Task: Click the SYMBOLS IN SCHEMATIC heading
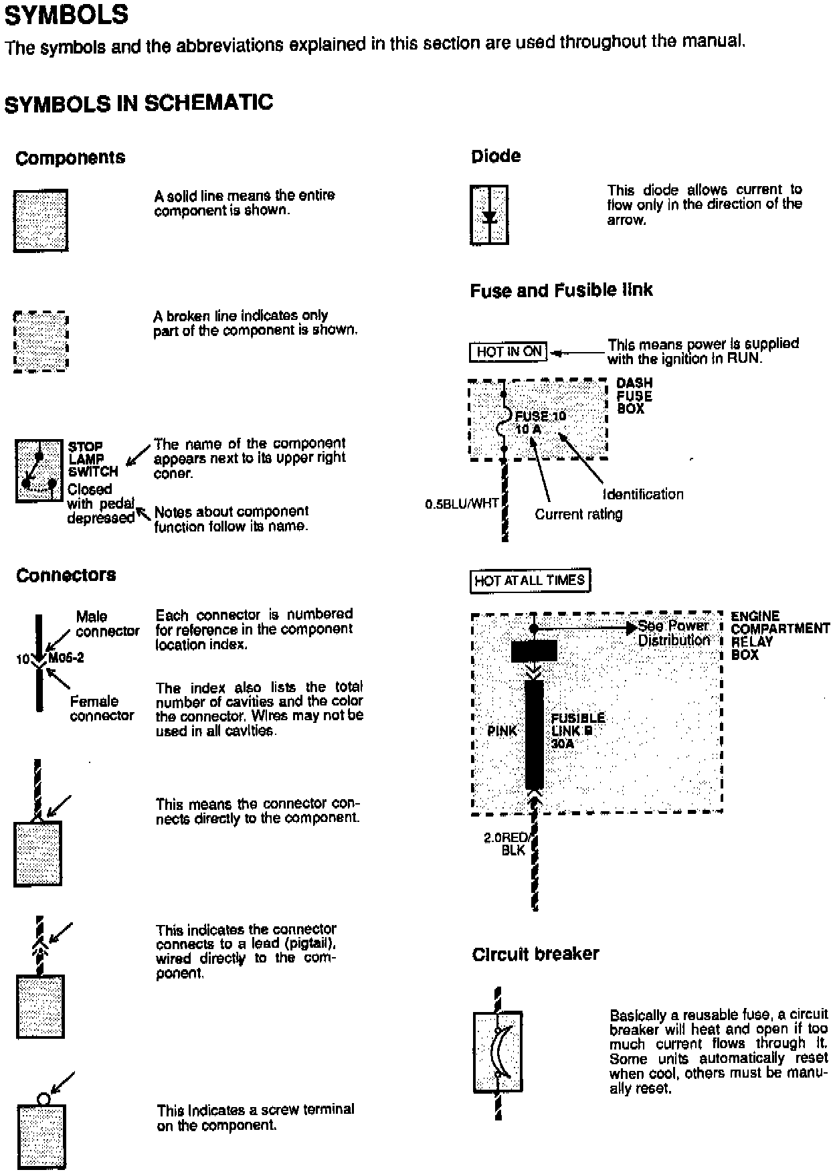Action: [138, 103]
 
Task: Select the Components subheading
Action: [70, 159]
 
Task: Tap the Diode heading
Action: [496, 157]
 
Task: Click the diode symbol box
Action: [489, 215]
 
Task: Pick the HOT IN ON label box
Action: [508, 352]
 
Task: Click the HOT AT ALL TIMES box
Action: [530, 580]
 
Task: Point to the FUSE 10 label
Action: [541, 416]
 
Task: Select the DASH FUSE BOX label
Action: [634, 396]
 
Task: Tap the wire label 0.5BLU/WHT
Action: [462, 503]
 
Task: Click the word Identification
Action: [644, 495]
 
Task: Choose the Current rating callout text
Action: [579, 514]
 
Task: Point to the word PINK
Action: [502, 731]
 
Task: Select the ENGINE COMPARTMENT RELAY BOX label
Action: [779, 635]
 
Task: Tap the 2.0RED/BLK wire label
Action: [506, 844]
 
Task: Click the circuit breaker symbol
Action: [497, 1052]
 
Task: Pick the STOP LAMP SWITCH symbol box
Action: [39, 471]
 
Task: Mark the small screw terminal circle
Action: [43, 1098]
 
